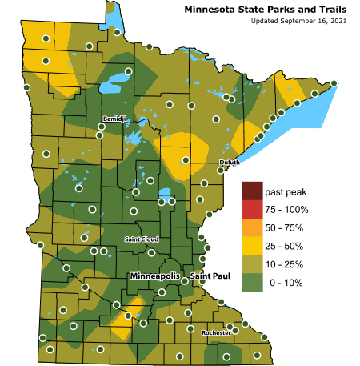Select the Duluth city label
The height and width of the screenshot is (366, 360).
click(229, 163)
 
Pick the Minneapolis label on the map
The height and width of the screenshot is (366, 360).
click(155, 276)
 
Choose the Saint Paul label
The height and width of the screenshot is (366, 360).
click(210, 276)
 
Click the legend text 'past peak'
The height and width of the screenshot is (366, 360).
click(286, 192)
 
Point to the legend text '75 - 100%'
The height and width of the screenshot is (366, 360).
click(286, 210)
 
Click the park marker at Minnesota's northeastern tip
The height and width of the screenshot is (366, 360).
click(334, 83)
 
